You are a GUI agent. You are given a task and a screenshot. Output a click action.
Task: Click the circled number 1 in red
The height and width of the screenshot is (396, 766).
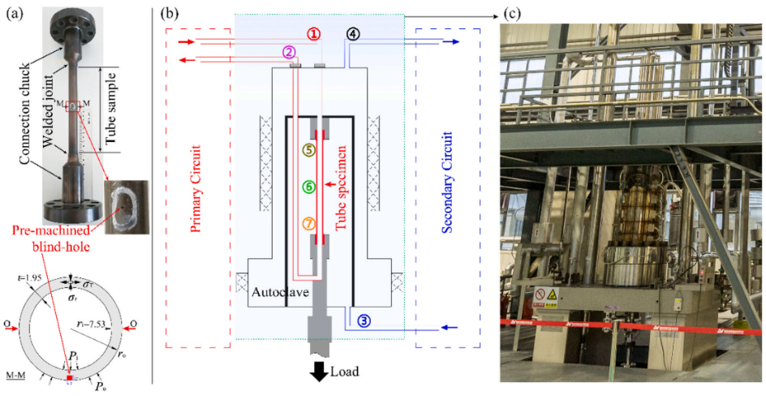[314, 34]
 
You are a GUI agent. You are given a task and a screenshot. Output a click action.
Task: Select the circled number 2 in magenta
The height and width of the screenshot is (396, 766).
[289, 53]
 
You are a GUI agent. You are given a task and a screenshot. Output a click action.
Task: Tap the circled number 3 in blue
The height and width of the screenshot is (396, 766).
[364, 321]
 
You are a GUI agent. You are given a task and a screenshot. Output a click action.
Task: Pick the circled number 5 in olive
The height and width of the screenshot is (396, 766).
[308, 150]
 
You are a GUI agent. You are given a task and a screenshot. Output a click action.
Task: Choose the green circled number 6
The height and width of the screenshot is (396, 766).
[308, 187]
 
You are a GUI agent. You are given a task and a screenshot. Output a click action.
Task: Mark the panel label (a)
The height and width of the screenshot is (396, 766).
[11, 11]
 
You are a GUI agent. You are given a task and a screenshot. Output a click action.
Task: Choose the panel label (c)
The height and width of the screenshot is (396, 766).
[513, 12]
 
